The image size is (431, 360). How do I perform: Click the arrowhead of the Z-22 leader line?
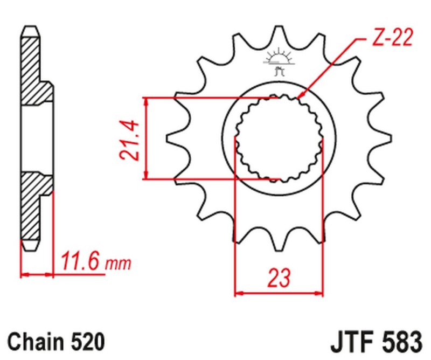click(x=300, y=96)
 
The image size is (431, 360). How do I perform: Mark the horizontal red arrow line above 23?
click(x=279, y=294)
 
